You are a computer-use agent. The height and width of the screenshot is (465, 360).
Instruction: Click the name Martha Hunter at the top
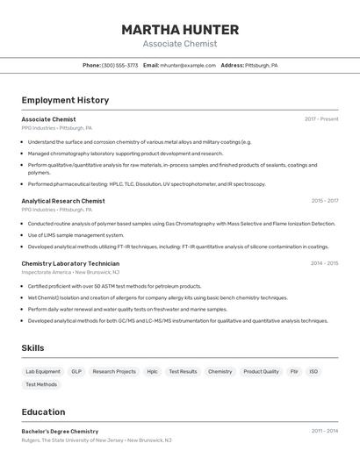point(180,29)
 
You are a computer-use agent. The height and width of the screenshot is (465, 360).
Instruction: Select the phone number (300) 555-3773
point(119,65)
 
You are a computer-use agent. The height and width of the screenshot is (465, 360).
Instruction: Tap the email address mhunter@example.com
point(188,65)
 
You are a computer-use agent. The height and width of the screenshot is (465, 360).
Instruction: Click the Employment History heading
point(65,100)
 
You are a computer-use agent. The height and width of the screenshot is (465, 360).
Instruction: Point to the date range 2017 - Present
point(321,119)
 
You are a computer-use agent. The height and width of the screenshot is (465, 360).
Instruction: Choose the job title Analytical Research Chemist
point(63,201)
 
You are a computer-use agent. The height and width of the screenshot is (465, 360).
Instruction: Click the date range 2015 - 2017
point(324,201)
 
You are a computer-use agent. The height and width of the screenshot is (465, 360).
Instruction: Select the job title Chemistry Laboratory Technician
point(70,263)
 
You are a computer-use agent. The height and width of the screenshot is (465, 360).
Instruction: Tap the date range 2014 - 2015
point(324,263)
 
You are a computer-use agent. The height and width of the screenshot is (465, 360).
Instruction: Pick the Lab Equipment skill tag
point(43,371)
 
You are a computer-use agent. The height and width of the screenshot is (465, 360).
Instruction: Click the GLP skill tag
point(76,371)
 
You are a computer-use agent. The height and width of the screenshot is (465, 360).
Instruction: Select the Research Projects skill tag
point(114,371)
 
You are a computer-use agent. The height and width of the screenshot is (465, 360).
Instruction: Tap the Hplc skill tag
point(153,371)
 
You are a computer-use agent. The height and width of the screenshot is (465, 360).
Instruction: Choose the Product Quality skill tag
point(261,371)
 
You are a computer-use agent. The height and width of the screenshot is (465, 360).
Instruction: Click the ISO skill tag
point(313,371)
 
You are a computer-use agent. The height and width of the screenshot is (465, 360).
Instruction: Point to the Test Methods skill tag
point(41,384)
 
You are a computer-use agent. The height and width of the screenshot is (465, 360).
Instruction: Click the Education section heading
point(43,412)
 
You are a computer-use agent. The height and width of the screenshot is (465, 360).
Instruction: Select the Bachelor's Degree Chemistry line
point(60,432)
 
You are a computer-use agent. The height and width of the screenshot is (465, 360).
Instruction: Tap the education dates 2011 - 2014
point(324,432)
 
